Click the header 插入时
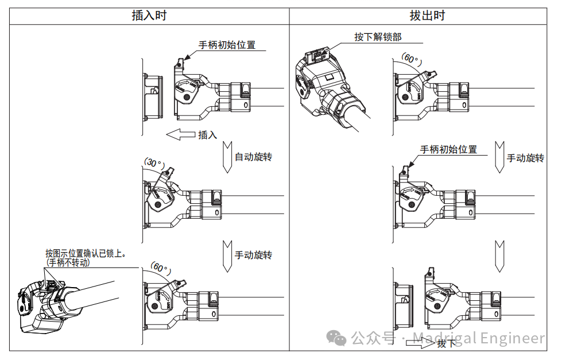coord(149,16)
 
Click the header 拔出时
coord(427,16)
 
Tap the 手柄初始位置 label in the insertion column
coord(227,45)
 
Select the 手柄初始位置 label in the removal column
coord(448,149)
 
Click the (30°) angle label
coord(153,162)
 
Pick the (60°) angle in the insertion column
coord(160,268)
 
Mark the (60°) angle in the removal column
coord(411,59)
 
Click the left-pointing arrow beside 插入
coord(180,135)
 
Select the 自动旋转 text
coord(253,156)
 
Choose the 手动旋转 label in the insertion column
coord(253,254)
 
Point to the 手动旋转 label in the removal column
coord(525,157)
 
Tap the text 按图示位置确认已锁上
coord(86,253)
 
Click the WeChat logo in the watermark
coord(336,338)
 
